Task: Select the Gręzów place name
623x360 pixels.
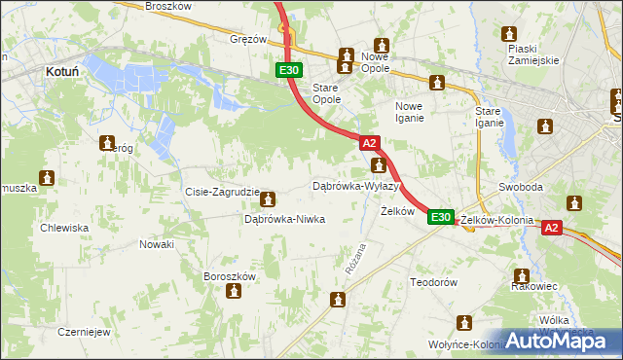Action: (247, 40)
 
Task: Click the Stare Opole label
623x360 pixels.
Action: (325, 92)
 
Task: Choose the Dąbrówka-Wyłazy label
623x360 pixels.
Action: (356, 185)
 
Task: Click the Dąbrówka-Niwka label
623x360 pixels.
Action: (283, 220)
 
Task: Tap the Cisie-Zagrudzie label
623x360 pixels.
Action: (222, 193)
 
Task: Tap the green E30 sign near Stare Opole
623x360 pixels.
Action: (289, 70)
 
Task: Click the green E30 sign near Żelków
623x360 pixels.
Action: (441, 217)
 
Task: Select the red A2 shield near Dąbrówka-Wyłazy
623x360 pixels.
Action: (371, 142)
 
